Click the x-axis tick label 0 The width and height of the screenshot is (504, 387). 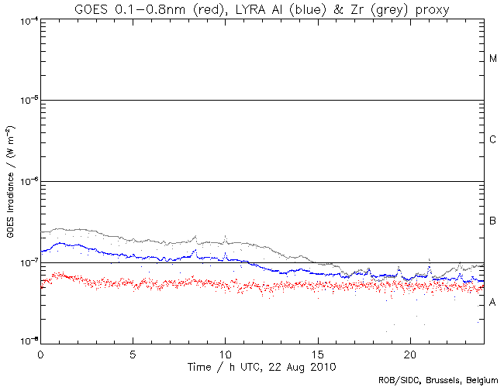tap(40, 352)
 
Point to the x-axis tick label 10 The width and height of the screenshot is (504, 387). tap(225, 352)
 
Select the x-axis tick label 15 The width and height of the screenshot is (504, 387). tap(317, 352)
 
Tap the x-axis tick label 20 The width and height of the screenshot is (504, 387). tap(409, 352)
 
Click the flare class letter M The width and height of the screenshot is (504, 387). tap(492, 59)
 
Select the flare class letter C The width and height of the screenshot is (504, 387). tap(492, 140)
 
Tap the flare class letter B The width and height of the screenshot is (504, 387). tap(492, 222)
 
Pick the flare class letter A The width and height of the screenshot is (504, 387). tap(492, 303)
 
